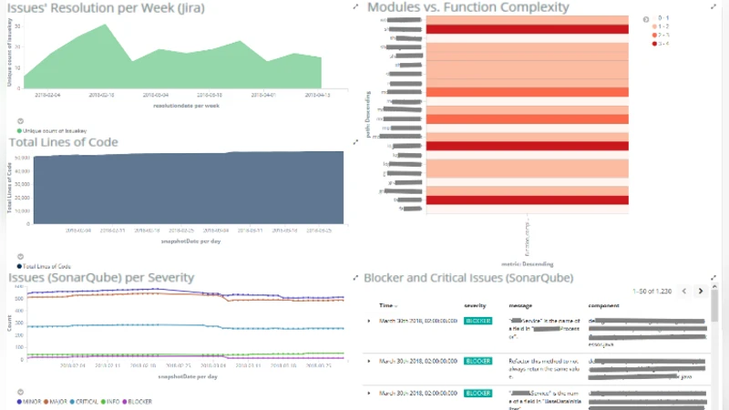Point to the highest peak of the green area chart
pyautogui.click(x=107, y=25)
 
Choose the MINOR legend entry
pyautogui.click(x=33, y=401)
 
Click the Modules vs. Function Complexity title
pyautogui.click(x=467, y=7)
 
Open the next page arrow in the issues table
pyautogui.click(x=700, y=291)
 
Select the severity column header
pyautogui.click(x=475, y=305)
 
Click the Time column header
pyautogui.click(x=387, y=305)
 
